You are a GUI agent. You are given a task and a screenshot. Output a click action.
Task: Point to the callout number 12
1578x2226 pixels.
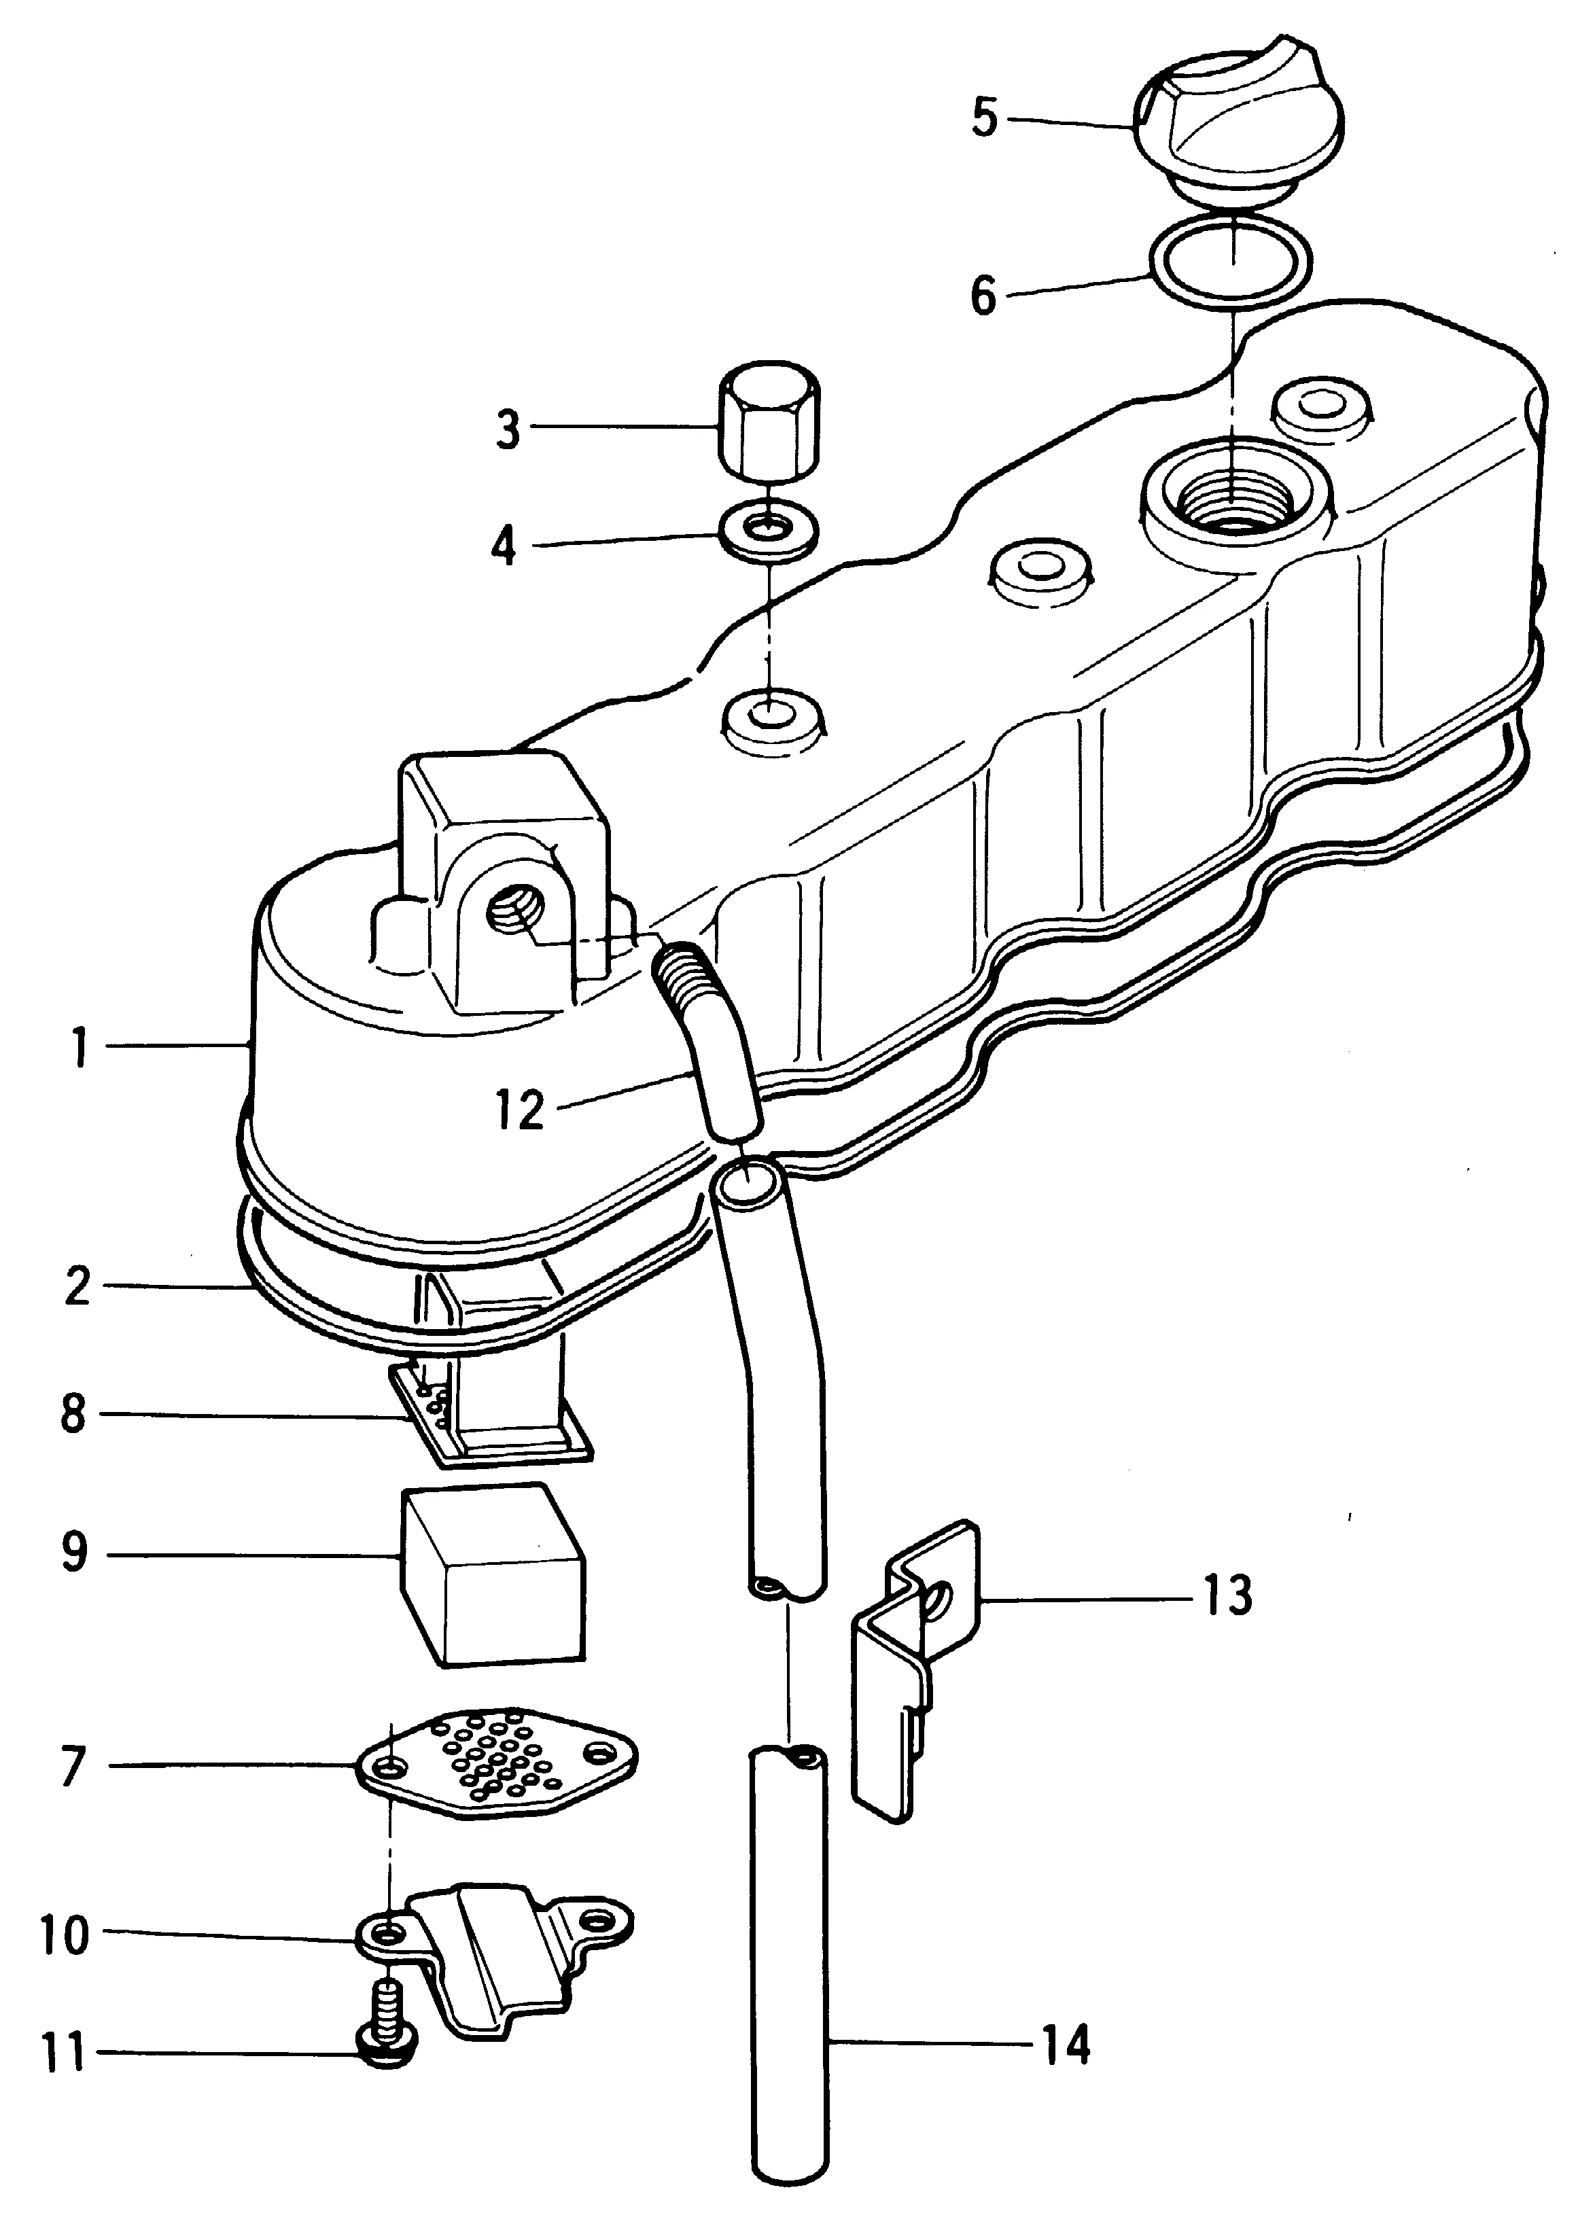(520, 1110)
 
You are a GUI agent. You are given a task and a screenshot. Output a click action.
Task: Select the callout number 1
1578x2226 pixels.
(80, 1047)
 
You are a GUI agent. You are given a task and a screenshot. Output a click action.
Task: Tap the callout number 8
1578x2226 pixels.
(74, 1414)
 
